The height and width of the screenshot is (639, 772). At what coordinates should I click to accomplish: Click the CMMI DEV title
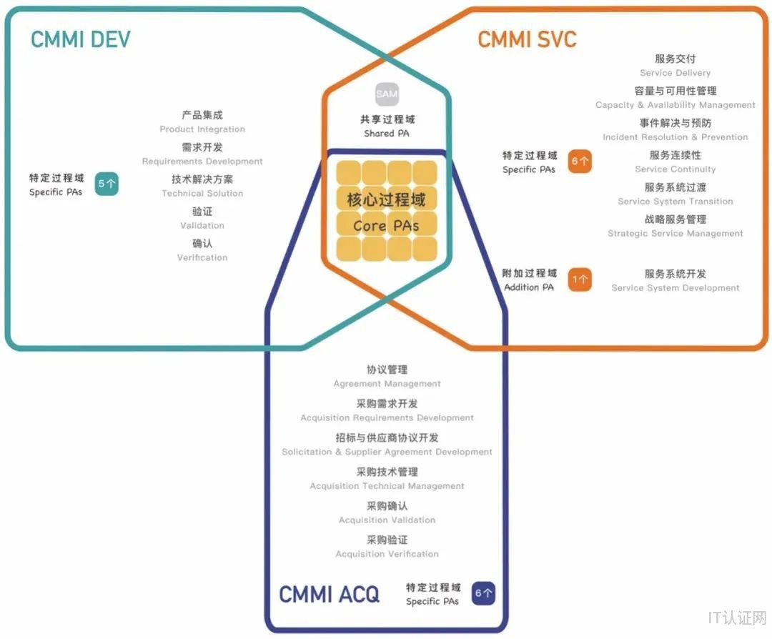pos(80,39)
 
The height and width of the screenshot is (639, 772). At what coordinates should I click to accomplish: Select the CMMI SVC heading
pos(527,39)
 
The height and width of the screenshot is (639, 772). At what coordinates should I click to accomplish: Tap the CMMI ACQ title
pos(329,594)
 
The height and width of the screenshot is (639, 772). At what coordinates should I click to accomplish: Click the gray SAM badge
pos(387,94)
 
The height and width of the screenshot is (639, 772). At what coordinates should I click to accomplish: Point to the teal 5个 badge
pos(107,184)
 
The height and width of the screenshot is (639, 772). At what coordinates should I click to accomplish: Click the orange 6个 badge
pos(580,162)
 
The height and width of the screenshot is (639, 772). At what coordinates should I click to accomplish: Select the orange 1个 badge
pos(580,280)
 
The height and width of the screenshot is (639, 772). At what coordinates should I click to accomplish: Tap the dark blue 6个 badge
pos(483,593)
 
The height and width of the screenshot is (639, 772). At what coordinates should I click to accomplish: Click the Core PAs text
pos(386,226)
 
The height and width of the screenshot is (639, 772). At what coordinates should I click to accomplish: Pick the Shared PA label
pos(387,134)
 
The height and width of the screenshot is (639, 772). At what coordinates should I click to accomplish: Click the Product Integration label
pos(202,129)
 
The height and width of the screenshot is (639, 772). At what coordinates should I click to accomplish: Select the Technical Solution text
pos(202,194)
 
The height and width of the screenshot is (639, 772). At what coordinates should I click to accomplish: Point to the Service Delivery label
pos(675,73)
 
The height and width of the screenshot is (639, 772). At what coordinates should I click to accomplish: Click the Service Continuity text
pos(675,169)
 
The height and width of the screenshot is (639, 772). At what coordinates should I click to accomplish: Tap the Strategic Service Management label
pos(675,234)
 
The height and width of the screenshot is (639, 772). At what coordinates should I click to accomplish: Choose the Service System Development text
pos(675,288)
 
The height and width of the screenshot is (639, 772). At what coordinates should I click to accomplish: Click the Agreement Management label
pos(387,384)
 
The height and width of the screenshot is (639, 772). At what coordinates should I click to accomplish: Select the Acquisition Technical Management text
pos(387,486)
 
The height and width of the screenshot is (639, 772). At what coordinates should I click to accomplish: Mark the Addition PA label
pos(529,287)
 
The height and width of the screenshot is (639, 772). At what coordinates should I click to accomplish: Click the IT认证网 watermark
pos(737,618)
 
